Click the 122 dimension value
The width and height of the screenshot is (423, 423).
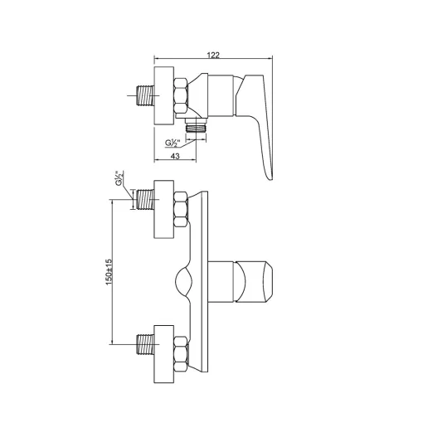(x=213, y=55)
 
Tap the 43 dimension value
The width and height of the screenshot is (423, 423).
(x=175, y=156)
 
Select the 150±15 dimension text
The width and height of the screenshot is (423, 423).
(x=109, y=272)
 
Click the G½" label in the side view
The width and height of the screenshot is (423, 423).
(x=173, y=143)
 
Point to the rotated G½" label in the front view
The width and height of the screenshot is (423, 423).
(x=119, y=178)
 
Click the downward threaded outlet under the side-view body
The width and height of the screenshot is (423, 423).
(x=196, y=128)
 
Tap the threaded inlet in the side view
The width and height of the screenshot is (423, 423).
(x=145, y=95)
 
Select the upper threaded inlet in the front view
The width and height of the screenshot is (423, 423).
(x=145, y=199)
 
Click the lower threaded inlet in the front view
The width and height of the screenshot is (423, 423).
(x=145, y=344)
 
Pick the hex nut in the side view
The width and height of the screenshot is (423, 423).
(x=181, y=95)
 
